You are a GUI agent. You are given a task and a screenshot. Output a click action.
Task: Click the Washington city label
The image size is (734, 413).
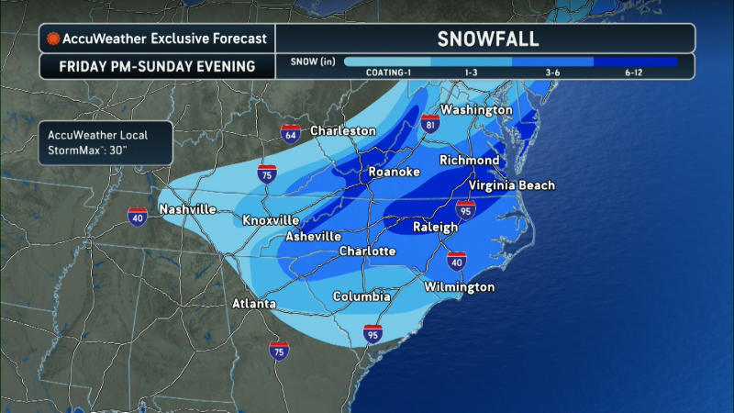(475, 110)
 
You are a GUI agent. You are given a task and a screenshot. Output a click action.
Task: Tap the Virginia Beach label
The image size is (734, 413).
(512, 185)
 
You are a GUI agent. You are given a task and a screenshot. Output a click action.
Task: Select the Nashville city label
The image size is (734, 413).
(187, 209)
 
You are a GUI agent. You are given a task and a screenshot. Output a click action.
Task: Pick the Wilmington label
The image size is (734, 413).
(459, 287)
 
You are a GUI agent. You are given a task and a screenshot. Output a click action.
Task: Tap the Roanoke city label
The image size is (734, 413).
(394, 173)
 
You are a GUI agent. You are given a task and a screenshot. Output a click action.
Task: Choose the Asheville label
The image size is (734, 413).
(314, 236)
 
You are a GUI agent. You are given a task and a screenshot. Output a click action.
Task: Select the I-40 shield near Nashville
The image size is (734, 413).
(138, 216)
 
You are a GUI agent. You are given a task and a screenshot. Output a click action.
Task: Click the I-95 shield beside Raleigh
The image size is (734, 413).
(466, 210)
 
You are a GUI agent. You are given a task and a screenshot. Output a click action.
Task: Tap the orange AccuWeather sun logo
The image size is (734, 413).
(54, 39)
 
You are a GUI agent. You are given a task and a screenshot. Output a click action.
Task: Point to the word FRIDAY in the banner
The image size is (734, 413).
(87, 67)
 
